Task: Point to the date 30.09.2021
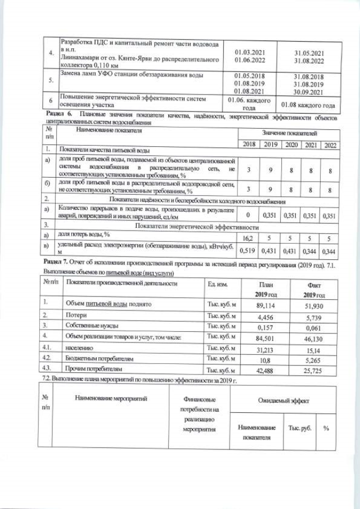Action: pyautogui.click(x=309, y=92)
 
